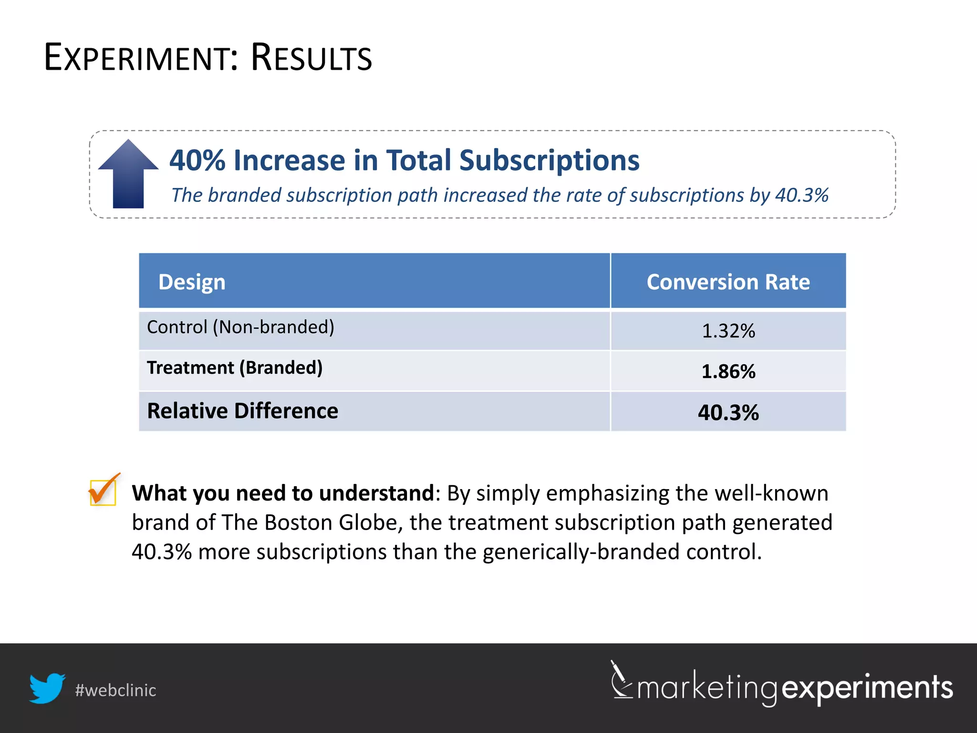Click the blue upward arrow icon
tap(128, 174)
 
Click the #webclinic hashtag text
tap(115, 690)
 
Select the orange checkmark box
tap(103, 491)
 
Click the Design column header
tap(192, 282)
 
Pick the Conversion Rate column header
tap(728, 282)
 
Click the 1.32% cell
tap(728, 331)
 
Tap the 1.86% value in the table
tap(728, 371)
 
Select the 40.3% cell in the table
tap(728, 412)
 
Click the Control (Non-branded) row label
tap(240, 327)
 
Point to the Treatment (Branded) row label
tap(235, 367)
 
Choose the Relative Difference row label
tap(242, 411)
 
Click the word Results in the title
tap(311, 58)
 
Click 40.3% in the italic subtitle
tap(801, 195)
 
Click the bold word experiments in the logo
tap(867, 688)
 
